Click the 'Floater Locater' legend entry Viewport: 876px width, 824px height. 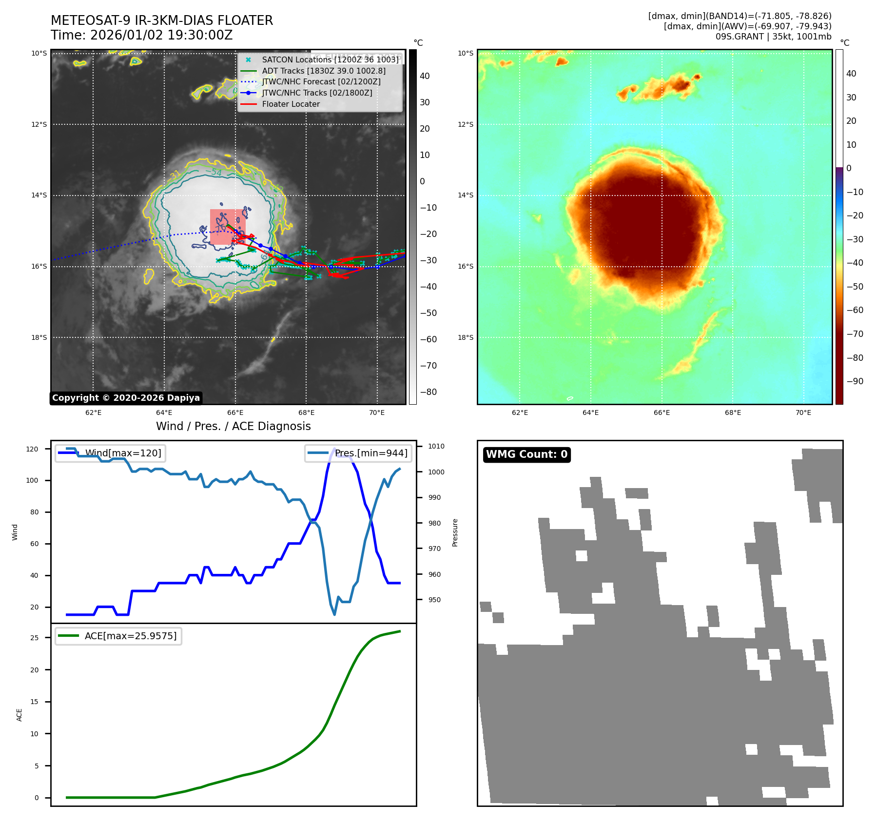[291, 104]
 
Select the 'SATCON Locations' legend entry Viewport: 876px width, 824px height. [330, 59]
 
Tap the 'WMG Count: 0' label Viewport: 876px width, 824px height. [526, 454]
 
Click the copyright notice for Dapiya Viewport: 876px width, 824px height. [126, 398]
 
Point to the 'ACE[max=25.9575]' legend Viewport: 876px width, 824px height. [130, 636]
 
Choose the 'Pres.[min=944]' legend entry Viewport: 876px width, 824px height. [370, 453]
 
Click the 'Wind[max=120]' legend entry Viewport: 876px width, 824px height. [123, 453]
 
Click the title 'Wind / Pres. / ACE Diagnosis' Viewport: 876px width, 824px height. [233, 426]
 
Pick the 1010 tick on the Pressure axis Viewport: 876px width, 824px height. [436, 446]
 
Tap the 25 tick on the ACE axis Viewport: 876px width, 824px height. [35, 638]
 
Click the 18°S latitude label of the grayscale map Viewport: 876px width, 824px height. [39, 337]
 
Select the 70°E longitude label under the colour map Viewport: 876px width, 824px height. [803, 412]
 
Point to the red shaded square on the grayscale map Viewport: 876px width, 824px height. [227, 227]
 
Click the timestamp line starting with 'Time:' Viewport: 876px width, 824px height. [141, 35]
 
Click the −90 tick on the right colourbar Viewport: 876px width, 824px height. [855, 381]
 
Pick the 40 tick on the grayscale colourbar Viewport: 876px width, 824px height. [425, 76]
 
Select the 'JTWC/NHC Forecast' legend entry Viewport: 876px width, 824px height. [321, 82]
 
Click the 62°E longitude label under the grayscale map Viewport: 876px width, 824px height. [94, 412]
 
